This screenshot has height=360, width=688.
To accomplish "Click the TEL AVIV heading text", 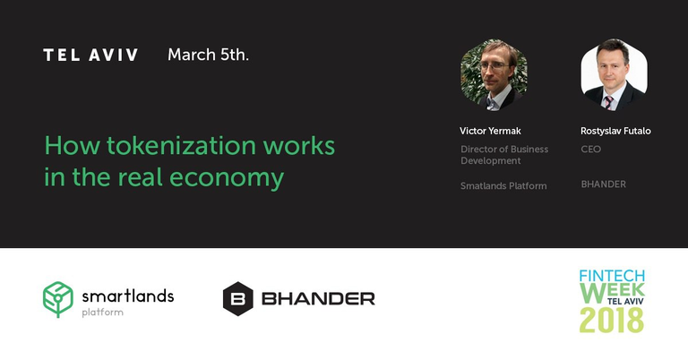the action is click(90, 56).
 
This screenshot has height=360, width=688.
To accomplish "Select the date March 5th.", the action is click(208, 55).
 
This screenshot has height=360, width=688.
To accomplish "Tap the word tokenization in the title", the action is click(181, 146).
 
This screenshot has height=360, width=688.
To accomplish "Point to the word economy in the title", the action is click(227, 178).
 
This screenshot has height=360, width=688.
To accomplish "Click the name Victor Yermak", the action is click(490, 131).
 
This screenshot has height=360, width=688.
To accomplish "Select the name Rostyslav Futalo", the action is click(615, 131).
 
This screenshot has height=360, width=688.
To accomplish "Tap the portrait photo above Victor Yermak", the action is click(494, 74).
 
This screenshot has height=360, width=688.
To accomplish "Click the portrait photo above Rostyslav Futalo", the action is click(614, 74).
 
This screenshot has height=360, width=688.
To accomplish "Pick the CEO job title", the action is click(591, 149).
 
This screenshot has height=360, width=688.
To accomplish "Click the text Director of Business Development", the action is click(504, 155).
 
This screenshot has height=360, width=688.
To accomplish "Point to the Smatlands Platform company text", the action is click(503, 186).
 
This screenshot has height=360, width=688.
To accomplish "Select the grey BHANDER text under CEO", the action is click(603, 184).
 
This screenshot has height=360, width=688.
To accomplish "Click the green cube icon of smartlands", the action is click(58, 299).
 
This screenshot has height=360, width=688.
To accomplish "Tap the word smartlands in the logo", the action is click(128, 296).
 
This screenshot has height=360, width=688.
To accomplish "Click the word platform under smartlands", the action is click(103, 313).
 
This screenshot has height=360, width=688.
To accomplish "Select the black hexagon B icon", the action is click(237, 299).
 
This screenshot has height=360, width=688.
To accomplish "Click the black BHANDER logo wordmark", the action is click(318, 299).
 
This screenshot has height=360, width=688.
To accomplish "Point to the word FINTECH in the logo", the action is click(612, 276).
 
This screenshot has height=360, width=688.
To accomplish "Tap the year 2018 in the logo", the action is click(612, 320).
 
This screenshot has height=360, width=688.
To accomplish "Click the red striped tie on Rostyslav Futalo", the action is click(609, 103).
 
